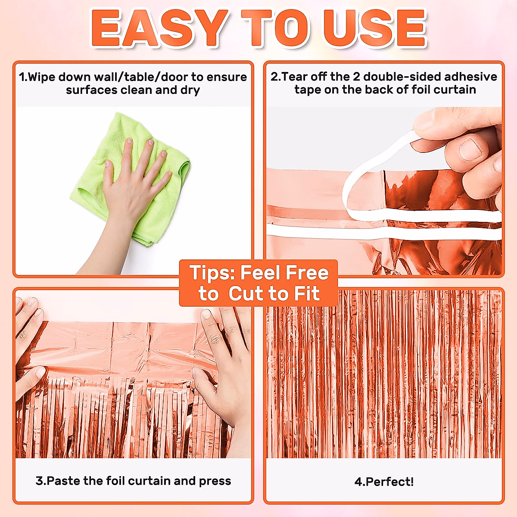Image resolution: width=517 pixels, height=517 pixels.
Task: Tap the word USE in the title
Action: point(375,28)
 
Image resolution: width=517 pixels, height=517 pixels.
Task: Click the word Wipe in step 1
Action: point(42,77)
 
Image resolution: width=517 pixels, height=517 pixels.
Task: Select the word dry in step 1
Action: point(190,90)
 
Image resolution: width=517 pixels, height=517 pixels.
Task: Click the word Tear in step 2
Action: point(295,77)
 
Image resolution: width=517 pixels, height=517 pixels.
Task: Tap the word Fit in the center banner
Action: point(306,294)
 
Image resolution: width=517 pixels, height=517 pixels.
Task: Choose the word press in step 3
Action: point(215,481)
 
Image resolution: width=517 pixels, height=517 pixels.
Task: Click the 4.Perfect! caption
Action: point(384,482)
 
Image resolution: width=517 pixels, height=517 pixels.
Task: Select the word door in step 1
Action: point(174,77)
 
